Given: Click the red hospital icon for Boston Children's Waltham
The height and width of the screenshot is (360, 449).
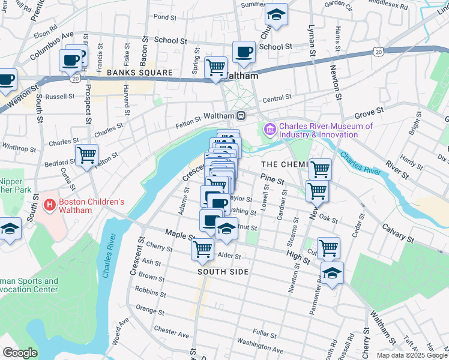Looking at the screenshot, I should tap(49, 206).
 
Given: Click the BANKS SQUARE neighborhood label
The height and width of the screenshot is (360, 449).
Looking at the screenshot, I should tap(140, 73).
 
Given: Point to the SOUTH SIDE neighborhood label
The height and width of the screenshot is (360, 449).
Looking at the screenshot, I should tap(223, 272).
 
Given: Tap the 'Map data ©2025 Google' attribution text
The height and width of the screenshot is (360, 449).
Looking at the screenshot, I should tap(411, 355).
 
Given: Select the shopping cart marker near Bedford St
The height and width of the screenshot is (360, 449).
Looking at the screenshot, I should tap(86, 155).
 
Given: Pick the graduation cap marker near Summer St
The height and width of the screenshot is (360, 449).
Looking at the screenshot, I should tap(276, 14).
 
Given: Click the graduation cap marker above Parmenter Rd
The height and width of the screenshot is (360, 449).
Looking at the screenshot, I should tap(332, 272).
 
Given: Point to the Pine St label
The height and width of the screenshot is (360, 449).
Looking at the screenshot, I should tap(272, 178).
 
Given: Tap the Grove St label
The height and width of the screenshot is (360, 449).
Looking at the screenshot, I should tap(369, 112).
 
